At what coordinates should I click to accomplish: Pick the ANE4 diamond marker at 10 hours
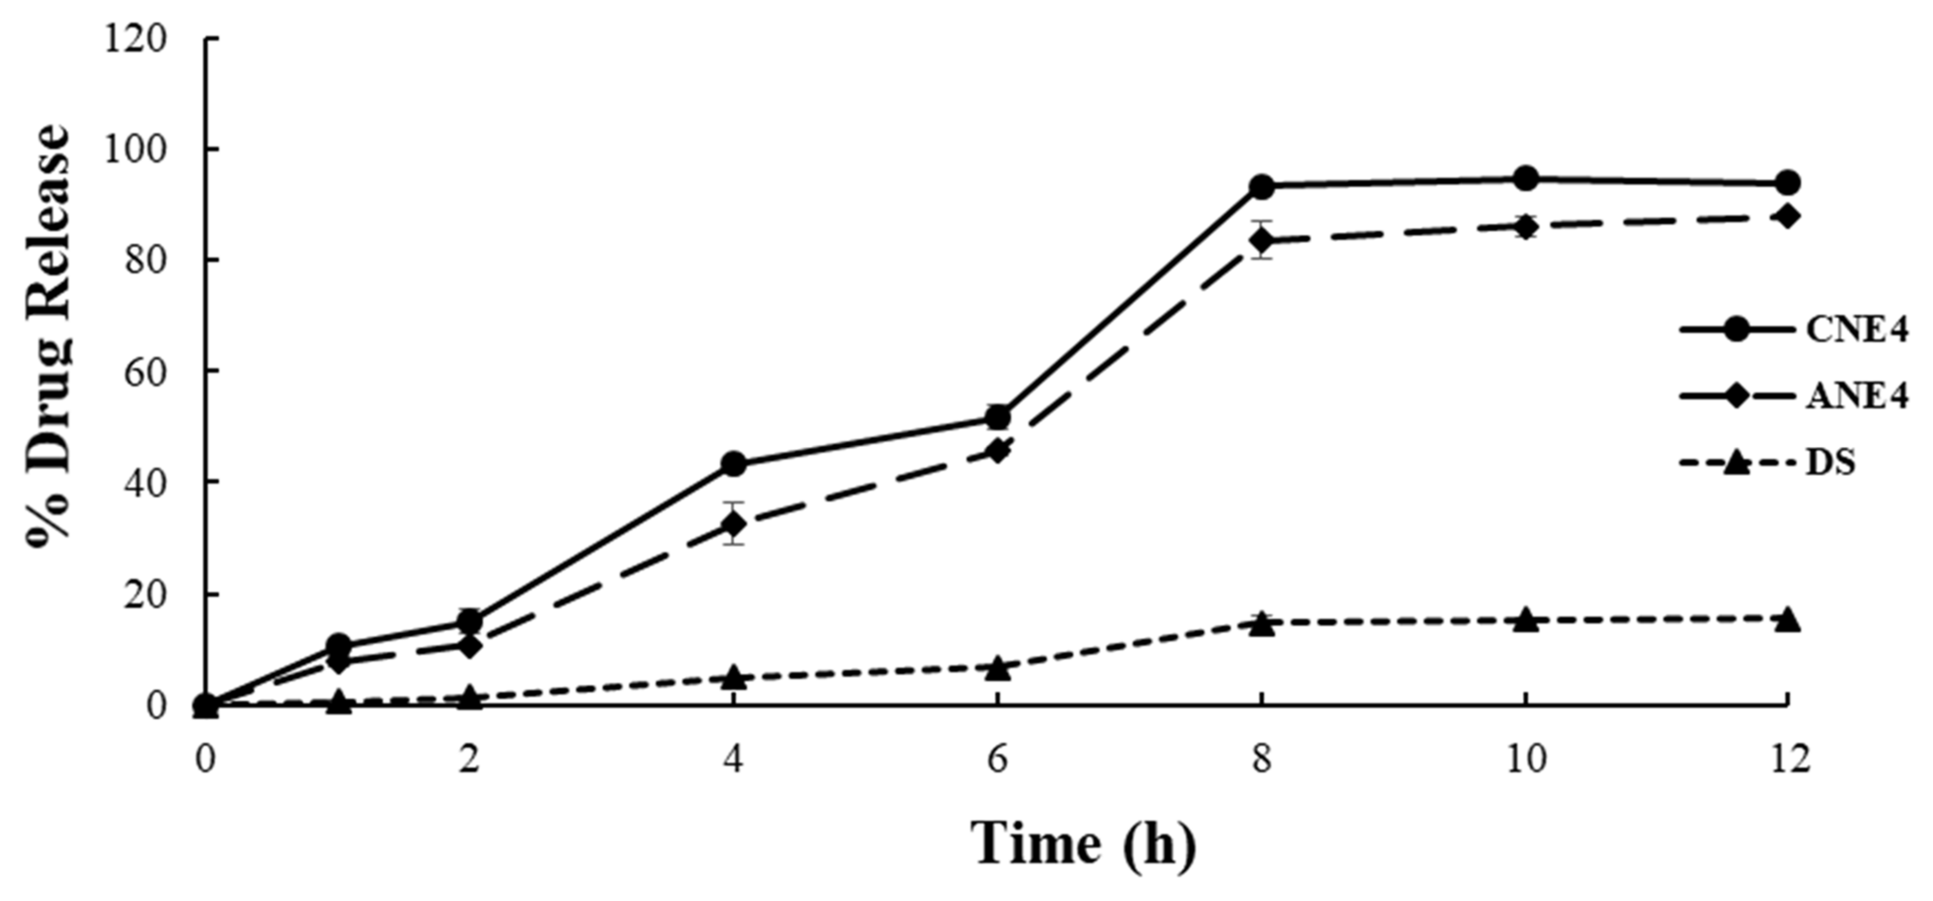point(1525,226)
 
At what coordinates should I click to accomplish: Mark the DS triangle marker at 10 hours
point(1525,620)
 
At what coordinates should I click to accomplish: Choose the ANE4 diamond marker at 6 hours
point(997,451)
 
